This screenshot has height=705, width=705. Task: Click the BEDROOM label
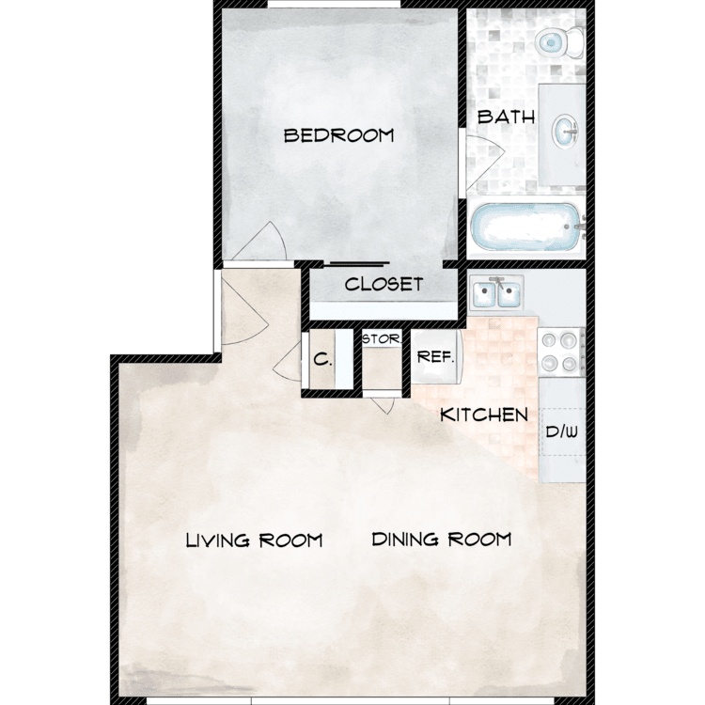(x=338, y=136)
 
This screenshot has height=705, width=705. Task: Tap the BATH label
(x=507, y=117)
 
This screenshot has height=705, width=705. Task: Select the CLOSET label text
(x=384, y=284)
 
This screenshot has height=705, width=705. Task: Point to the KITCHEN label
(x=484, y=414)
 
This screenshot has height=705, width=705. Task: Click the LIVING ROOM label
(x=254, y=540)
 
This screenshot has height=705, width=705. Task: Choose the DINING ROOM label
(x=441, y=540)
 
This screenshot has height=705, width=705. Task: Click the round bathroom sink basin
(x=567, y=131)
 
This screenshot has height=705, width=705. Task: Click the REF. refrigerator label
(x=436, y=357)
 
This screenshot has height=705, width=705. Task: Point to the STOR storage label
(x=381, y=338)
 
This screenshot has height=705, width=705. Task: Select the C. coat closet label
(x=321, y=358)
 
